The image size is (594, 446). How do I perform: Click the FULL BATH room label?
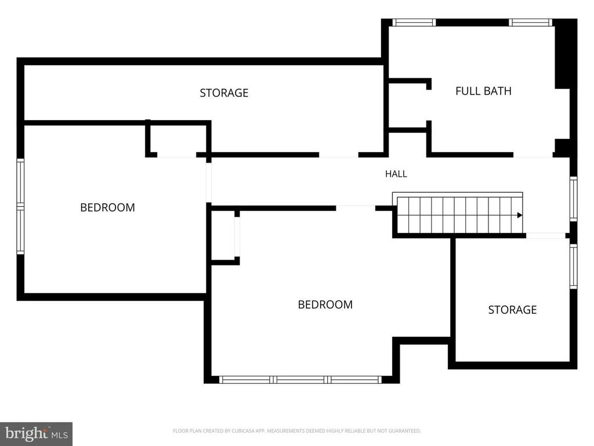[x=483, y=91]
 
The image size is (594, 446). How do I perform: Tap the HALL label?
[x=396, y=174]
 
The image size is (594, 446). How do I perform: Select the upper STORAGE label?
[x=224, y=93]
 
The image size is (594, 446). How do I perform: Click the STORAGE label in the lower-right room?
[x=512, y=310]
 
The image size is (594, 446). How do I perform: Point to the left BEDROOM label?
[x=107, y=207]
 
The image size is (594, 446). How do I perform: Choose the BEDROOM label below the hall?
[x=325, y=304]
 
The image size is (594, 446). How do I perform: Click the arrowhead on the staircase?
[x=520, y=215]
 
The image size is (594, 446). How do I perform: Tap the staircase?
[x=458, y=213]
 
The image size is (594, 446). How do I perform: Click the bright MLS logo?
[x=37, y=434]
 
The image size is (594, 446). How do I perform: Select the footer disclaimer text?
[x=296, y=431]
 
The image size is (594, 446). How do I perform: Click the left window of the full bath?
[x=414, y=23]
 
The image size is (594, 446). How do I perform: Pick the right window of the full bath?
[x=530, y=23]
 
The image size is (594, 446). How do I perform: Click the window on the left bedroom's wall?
[x=20, y=206]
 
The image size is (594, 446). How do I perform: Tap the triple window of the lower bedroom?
[x=300, y=380]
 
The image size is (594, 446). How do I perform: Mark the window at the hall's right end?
[x=574, y=199]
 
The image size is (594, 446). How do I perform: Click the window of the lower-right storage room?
[x=574, y=266]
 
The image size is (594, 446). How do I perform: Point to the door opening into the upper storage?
[x=339, y=154]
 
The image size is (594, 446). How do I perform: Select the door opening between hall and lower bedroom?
[x=356, y=208]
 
